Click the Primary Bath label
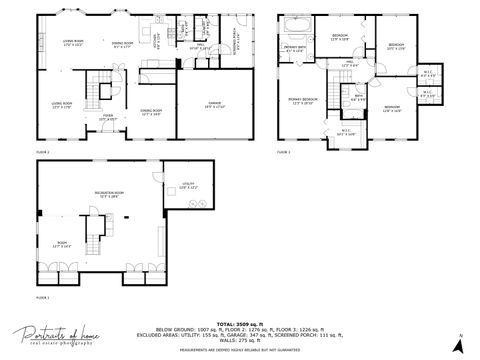pos(295,48)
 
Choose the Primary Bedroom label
pos(303,100)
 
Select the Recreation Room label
pos(110,193)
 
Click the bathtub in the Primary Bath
pos(297,22)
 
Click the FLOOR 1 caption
pos(43,297)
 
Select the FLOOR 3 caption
pos(283,152)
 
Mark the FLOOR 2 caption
pos(43,152)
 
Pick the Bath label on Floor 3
pos(357,98)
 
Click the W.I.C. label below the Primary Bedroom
pos(346,131)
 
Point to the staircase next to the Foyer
pos(98,91)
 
